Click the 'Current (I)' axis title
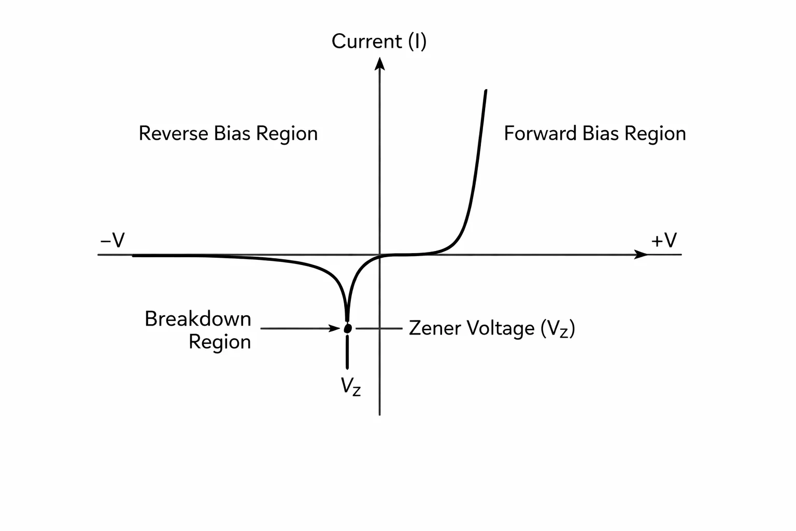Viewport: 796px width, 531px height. point(379,41)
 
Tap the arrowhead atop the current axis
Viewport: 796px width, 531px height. point(379,64)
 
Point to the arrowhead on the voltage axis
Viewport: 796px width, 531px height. point(641,255)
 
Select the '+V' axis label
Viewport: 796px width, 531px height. point(664,241)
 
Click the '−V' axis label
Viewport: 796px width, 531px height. point(112,241)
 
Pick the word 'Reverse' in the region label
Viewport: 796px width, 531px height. point(174,134)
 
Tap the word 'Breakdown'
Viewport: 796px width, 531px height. point(198,319)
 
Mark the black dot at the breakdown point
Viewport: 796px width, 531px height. point(348,328)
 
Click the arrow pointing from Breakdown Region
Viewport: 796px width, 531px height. point(300,328)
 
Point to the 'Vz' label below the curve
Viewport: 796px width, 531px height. point(351,386)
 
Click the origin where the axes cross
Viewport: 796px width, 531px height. point(379,255)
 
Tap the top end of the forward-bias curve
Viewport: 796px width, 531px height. point(486,91)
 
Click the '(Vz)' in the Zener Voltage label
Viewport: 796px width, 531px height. point(558,329)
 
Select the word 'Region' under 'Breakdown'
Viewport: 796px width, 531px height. point(220,342)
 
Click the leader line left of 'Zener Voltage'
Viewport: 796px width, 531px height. point(379,328)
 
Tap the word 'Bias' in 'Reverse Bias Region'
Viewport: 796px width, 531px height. point(232,134)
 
